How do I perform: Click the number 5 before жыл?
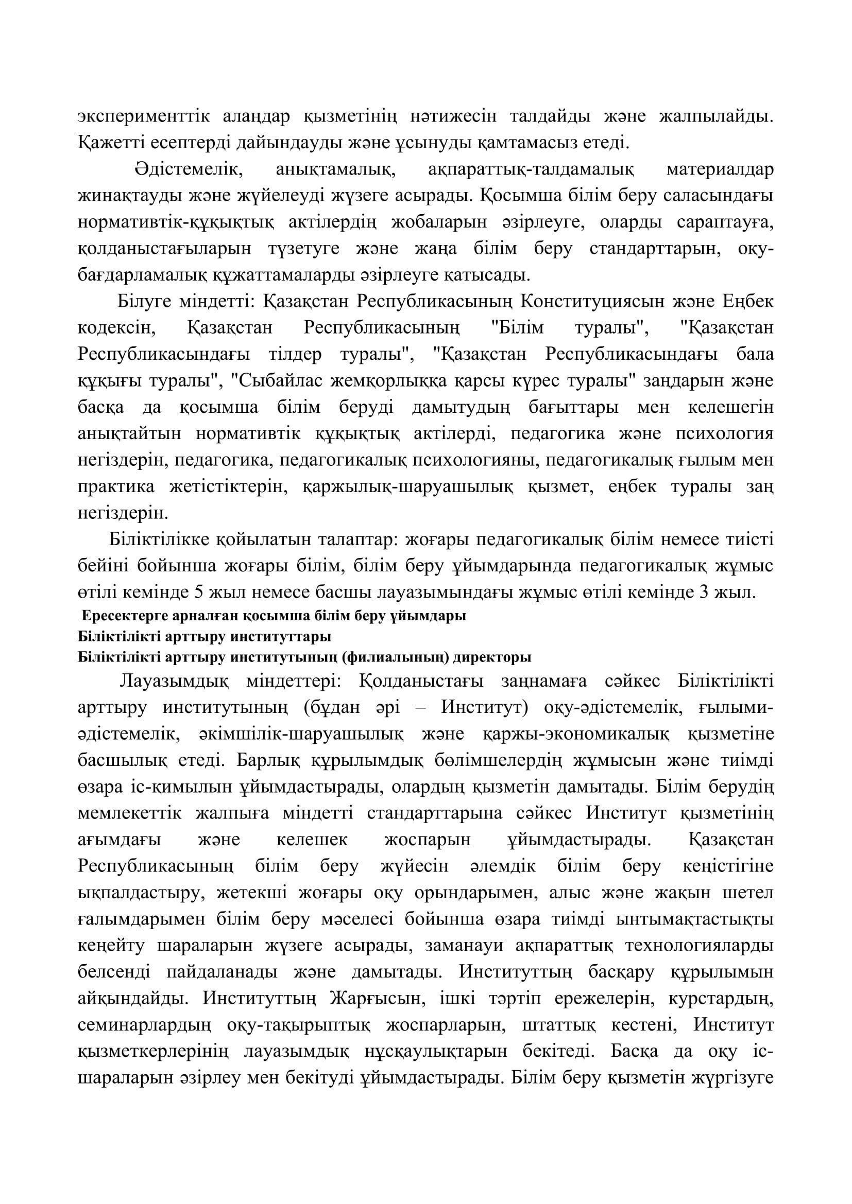click(198, 592)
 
